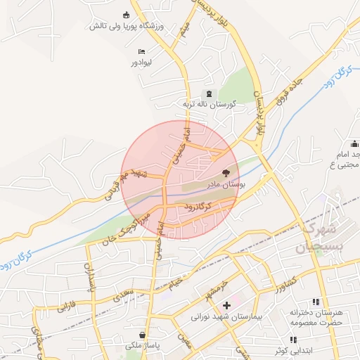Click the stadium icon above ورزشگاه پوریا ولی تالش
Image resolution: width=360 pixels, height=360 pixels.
(x=127, y=15)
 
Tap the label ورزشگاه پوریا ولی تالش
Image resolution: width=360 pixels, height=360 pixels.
(x=126, y=26)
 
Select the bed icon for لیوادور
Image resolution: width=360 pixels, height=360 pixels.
(x=141, y=51)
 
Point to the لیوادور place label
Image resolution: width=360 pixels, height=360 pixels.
(x=141, y=63)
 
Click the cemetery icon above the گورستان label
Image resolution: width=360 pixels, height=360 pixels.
(x=207, y=94)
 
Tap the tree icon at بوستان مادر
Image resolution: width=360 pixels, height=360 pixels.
(x=226, y=172)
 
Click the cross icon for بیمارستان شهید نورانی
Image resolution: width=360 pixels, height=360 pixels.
(x=226, y=305)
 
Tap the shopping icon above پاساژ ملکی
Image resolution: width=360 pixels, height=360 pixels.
(x=143, y=335)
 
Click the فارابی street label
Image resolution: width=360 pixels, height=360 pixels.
(x=67, y=307)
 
